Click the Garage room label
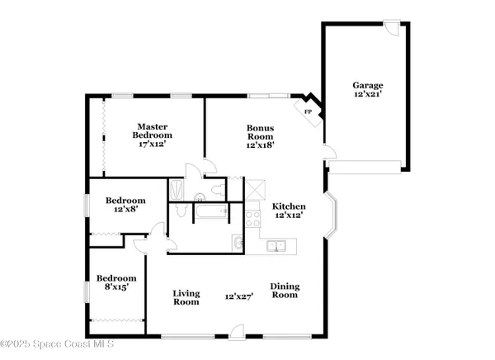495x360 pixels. [368, 85]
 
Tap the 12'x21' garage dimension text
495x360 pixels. [368, 96]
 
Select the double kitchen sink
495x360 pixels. [277, 244]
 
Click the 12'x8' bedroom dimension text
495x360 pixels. [125, 211]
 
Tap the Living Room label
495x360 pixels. [186, 297]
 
